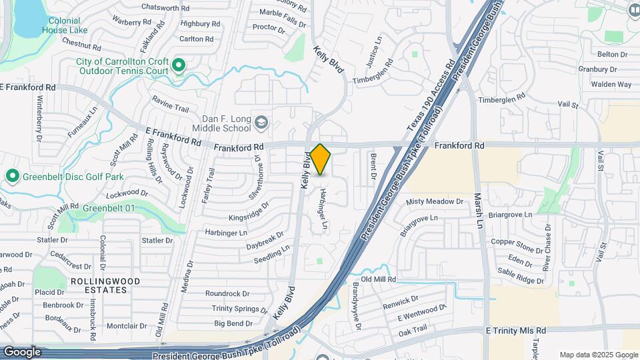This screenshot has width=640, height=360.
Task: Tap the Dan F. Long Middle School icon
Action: pyautogui.click(x=262, y=122)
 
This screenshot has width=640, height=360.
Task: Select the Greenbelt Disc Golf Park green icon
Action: pyautogui.click(x=11, y=177)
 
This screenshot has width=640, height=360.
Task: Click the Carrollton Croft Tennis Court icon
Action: pyautogui.click(x=178, y=65)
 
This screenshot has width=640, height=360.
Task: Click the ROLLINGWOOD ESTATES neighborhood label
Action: pyautogui.click(x=106, y=285)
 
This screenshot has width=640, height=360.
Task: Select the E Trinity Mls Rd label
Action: pyautogui.click(x=515, y=331)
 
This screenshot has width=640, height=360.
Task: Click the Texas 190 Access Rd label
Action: pyautogui.click(x=431, y=95)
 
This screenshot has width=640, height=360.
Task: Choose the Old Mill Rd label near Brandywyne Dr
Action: pyautogui.click(x=378, y=279)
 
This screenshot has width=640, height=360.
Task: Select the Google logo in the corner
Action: pyautogui.click(x=22, y=351)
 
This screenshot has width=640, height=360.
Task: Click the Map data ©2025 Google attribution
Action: pyautogui.click(x=598, y=355)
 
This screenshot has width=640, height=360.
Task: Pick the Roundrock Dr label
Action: pyautogui.click(x=227, y=293)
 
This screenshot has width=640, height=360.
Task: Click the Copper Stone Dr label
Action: pyautogui.click(x=517, y=246)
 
